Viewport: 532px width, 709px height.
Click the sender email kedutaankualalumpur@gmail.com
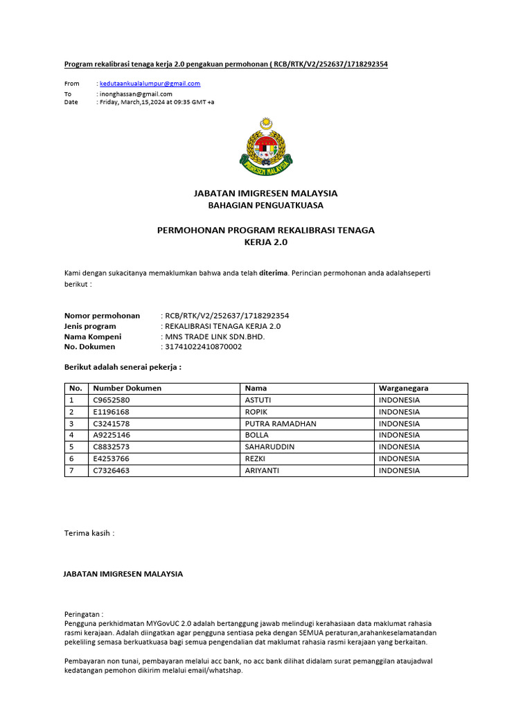coord(150,84)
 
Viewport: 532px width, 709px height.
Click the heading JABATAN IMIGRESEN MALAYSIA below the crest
coord(266,193)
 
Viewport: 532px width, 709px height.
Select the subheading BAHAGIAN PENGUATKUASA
coord(266,206)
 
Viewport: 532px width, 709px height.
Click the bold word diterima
coord(274,273)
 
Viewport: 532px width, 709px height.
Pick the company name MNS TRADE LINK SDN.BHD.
coord(214,336)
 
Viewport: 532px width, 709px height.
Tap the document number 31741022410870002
coord(202,347)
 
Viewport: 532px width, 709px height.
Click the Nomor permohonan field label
coord(102,316)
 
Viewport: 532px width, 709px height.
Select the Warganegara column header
coord(403,388)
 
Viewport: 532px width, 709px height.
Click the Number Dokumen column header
coord(127,388)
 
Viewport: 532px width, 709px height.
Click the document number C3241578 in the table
coord(111,424)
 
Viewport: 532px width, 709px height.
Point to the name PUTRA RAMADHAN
coord(281,424)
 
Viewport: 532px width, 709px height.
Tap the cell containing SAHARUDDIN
coord(270,447)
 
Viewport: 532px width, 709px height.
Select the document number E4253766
coord(111,459)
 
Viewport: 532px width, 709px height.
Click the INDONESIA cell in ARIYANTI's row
coord(399,471)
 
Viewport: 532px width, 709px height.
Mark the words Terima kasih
coord(89,533)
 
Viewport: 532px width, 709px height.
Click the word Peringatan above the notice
coord(83,614)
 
